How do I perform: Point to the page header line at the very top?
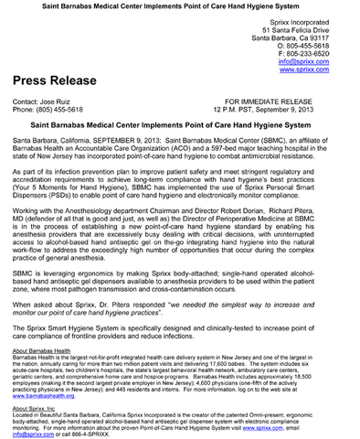179,6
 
